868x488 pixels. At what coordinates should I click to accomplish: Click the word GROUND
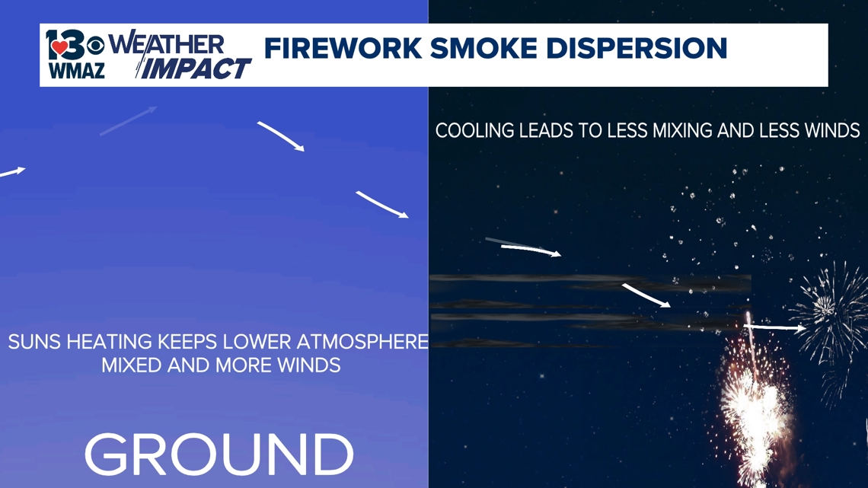coord(219,455)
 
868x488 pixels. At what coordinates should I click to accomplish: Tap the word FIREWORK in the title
coord(343,48)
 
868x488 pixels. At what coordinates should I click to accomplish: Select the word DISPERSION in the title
coord(637,48)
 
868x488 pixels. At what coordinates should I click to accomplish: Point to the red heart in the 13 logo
coord(60,48)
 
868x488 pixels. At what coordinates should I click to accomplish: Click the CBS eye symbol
coord(95,46)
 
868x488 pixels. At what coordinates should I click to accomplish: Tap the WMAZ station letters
coord(76,71)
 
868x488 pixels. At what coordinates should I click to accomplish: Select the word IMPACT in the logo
coord(193,69)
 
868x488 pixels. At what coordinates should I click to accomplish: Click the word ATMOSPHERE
coord(362,342)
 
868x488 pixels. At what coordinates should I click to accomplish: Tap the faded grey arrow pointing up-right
coord(129,120)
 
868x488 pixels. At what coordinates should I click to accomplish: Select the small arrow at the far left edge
coord(12,172)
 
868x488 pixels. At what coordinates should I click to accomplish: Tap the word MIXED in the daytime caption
coord(131,365)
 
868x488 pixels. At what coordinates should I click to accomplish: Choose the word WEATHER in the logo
coord(166,44)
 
